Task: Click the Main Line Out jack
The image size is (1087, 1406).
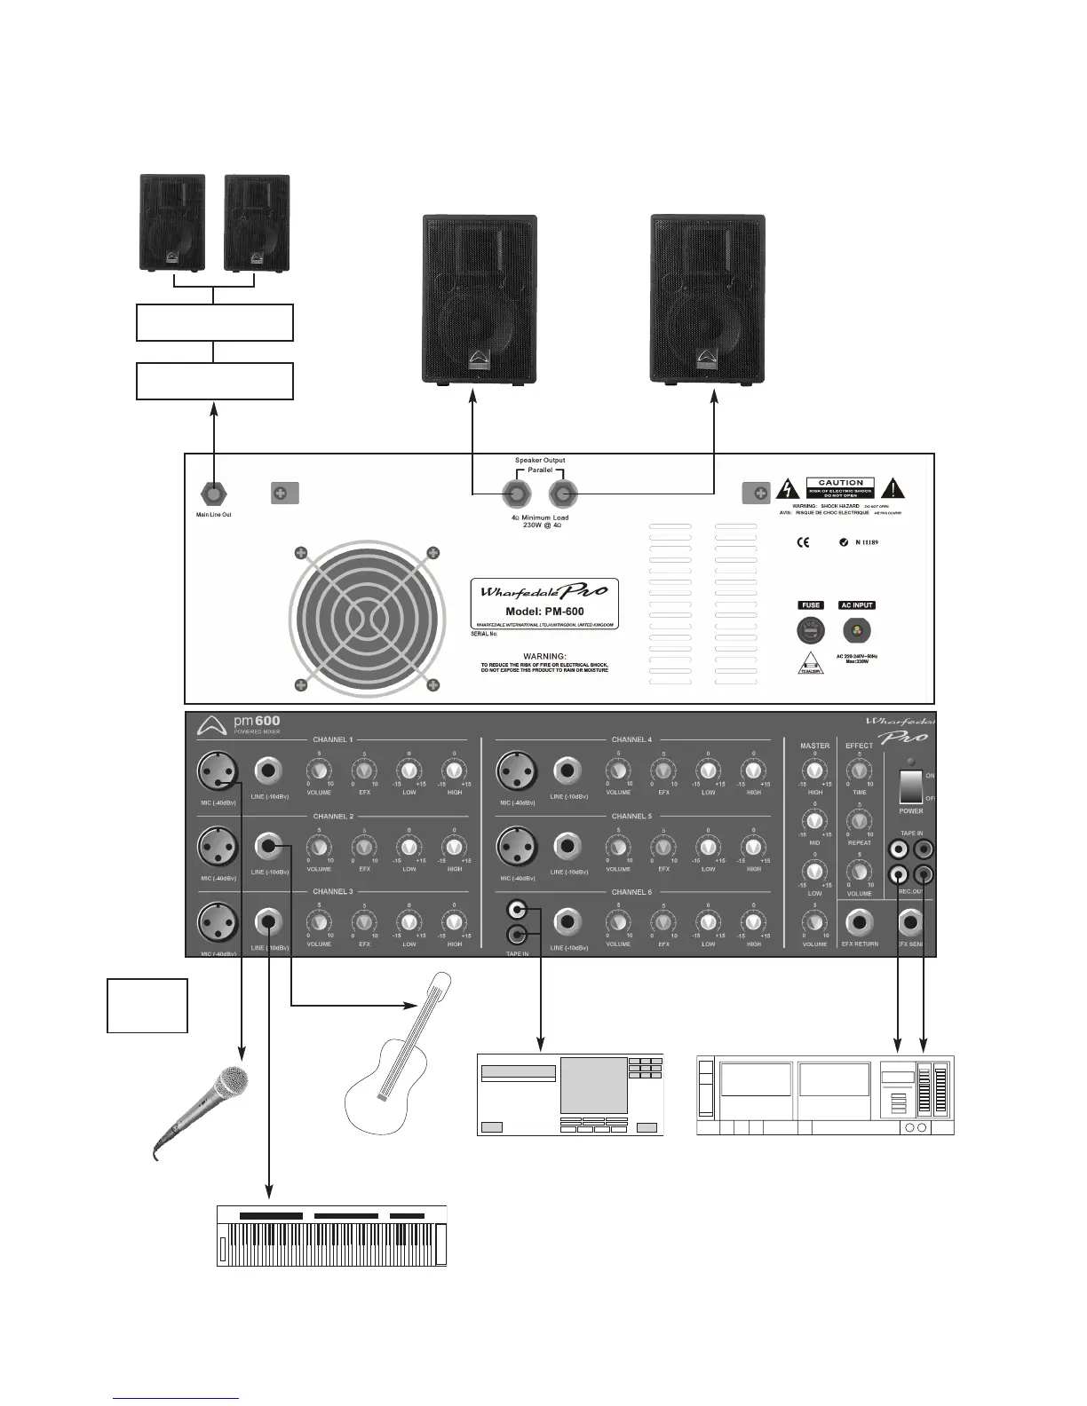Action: coord(214,493)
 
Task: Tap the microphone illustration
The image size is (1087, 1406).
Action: coord(203,1110)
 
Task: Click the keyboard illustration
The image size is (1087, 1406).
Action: coord(331,1235)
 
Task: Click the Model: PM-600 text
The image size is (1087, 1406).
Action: coord(544,612)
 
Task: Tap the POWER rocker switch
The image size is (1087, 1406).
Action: coord(910,786)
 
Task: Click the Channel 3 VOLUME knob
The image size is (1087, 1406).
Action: coord(318,923)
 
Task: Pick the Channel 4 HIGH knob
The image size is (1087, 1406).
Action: coord(753,770)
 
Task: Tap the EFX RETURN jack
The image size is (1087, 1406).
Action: coord(859,923)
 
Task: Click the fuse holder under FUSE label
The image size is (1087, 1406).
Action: coord(810,631)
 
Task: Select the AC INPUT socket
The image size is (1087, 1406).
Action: coord(857,631)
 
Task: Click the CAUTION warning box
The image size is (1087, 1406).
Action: coord(840,488)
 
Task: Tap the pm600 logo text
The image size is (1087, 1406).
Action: coord(256,722)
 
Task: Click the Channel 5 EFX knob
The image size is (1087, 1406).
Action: coord(663,847)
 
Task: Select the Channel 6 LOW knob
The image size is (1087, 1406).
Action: coord(708,923)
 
